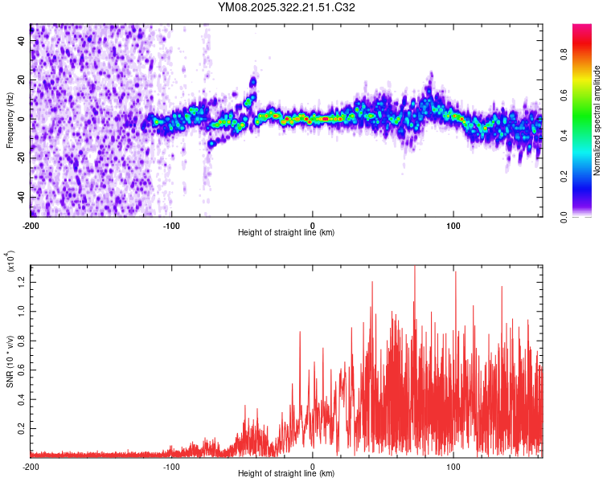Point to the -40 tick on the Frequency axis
tap(21, 197)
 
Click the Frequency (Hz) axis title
tap(10, 120)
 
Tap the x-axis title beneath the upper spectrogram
tap(286, 233)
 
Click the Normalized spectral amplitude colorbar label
tap(597, 120)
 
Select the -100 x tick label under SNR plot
tap(171, 465)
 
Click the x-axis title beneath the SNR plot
tap(286, 473)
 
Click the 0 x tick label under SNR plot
tap(313, 465)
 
